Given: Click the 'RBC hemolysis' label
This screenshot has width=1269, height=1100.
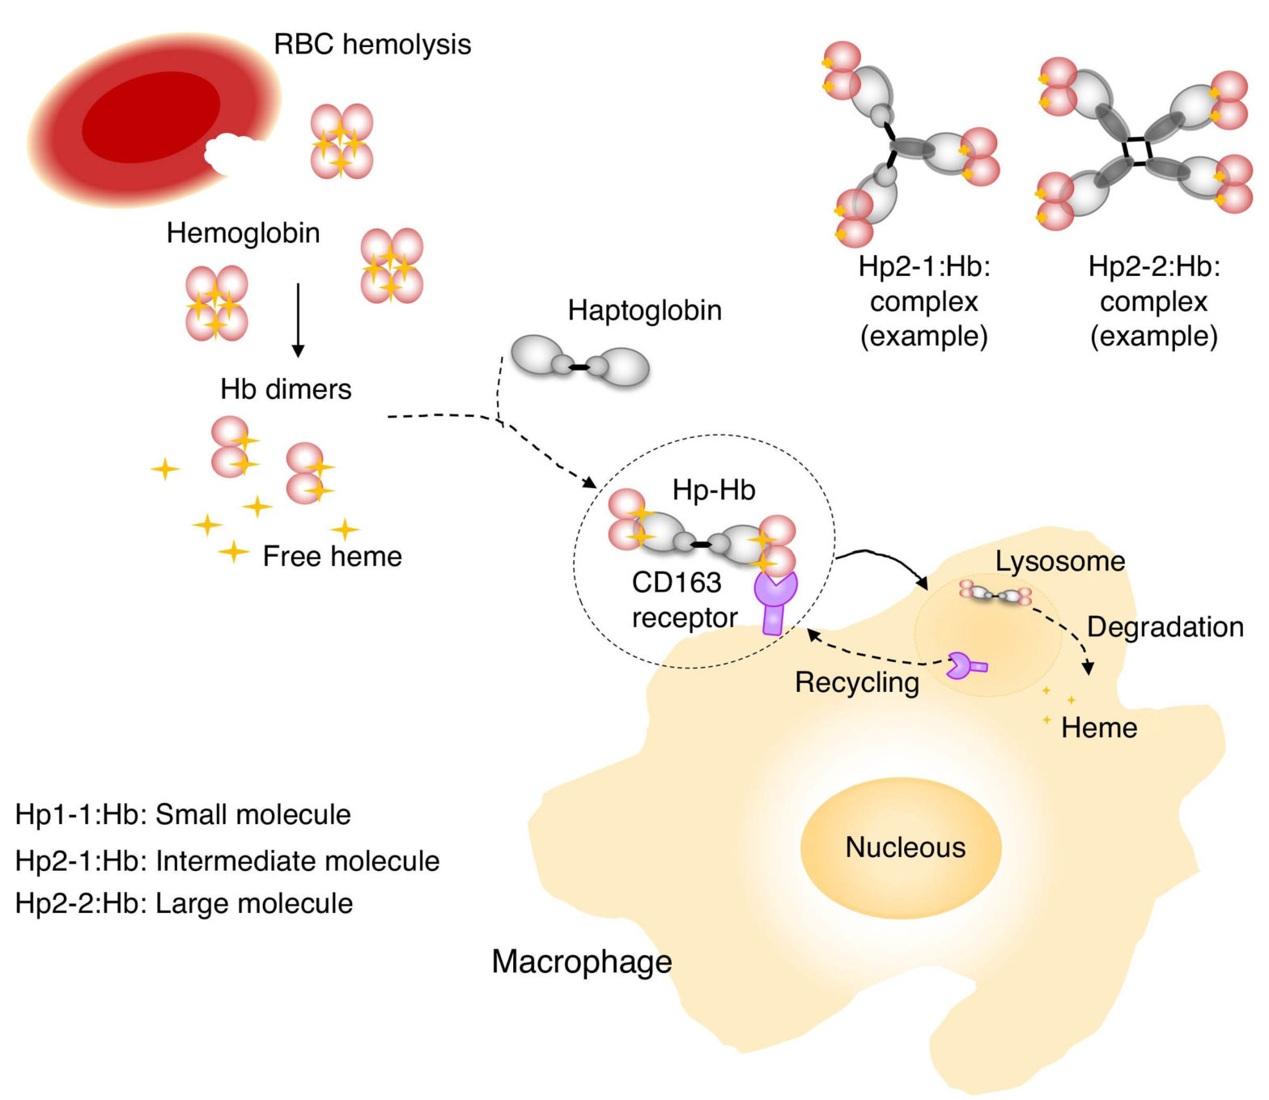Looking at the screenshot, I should pos(372,44).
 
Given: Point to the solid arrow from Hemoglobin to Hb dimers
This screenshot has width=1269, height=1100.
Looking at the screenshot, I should pos(298,320).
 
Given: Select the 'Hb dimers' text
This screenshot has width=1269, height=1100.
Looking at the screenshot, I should pos(286,389).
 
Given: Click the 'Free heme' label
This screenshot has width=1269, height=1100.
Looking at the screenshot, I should pos(332,556).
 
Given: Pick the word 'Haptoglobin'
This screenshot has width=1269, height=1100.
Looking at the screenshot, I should pos(644,310).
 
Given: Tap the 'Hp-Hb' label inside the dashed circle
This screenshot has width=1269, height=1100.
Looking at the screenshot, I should pos(714,490).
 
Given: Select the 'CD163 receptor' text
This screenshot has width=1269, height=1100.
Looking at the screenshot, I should pos(683,600).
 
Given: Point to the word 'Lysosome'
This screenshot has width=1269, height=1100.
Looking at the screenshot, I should pos(1060,561).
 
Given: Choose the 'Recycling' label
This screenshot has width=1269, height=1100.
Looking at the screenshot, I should pos(857,682).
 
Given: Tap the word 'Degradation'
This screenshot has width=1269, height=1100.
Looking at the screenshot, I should pos(1165,626).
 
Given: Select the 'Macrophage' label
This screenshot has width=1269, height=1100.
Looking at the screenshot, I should pos(582,962).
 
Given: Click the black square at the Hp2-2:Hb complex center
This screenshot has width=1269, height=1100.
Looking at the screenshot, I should pos(1137,151).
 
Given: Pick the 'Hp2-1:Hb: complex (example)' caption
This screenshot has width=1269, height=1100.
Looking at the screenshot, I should pos(924,301).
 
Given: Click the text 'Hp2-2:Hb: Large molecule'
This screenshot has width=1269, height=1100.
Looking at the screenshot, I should pos(184,903).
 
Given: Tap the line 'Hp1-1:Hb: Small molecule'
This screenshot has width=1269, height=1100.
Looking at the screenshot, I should pos(183,814).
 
